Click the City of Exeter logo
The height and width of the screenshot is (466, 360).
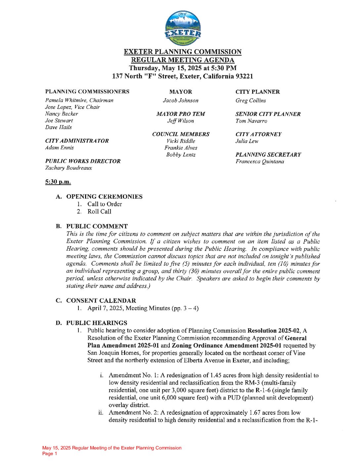tap(183, 28)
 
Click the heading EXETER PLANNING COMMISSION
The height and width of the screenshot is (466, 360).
tap(183, 52)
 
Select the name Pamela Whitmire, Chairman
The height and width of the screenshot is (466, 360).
tap(79, 100)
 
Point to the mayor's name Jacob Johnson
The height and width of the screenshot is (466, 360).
tap(181, 101)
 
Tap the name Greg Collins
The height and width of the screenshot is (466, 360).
tap(250, 101)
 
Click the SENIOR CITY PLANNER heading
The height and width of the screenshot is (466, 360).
tap(268, 114)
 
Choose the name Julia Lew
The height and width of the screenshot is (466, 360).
tap(247, 141)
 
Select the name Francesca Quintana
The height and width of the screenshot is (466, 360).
tap(260, 162)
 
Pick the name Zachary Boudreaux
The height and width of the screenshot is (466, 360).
tap(68, 168)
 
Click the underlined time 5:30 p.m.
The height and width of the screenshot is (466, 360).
tap(58, 182)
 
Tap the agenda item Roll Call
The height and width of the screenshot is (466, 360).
tap(99, 212)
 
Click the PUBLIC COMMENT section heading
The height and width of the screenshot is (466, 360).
tap(97, 226)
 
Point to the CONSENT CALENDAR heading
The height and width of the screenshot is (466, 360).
tap(101, 301)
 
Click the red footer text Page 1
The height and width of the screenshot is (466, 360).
tap(50, 454)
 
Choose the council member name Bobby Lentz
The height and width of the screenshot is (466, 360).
tap(181, 155)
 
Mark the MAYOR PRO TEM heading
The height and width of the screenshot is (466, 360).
tap(181, 114)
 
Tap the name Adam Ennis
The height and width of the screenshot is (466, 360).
tap(60, 148)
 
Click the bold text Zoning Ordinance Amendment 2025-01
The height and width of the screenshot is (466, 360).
tap(227, 346)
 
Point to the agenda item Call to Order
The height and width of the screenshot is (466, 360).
tap(105, 204)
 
